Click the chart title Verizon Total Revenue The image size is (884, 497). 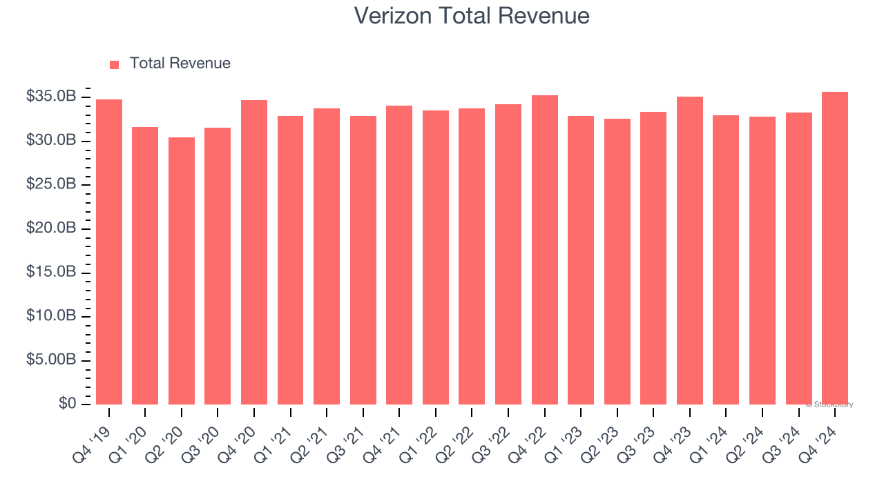coord(472,15)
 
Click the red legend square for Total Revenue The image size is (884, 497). coord(115,64)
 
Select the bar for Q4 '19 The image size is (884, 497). coord(109,252)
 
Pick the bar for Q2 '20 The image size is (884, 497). coord(182,271)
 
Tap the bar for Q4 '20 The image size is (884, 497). coord(254,252)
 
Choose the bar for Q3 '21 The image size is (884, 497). coord(363,260)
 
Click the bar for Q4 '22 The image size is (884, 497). coord(545,250)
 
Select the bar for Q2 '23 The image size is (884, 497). coord(617,262)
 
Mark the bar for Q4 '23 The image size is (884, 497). coord(690,251)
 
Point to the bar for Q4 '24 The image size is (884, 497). coord(835,248)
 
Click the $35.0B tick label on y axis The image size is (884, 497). coord(51,97)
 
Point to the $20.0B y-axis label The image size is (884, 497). coord(51,228)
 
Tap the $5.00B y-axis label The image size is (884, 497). coord(51,360)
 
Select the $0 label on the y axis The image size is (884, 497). coord(66,404)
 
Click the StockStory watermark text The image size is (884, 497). coord(829,405)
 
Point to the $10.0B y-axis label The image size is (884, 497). coord(51,316)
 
